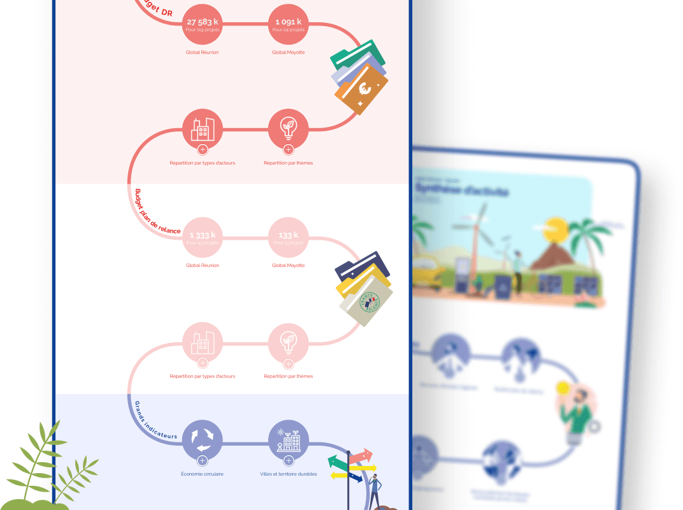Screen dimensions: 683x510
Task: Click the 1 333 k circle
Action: (x=202, y=238)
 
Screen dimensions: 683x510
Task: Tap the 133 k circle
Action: (x=288, y=238)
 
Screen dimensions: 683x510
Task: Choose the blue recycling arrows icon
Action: (x=202, y=439)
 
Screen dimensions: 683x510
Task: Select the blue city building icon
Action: (x=288, y=439)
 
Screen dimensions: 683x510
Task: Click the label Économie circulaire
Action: (x=202, y=474)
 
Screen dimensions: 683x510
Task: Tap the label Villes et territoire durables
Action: (x=288, y=474)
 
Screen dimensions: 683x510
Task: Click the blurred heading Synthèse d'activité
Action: (x=462, y=191)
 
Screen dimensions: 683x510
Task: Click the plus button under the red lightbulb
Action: (x=288, y=150)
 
